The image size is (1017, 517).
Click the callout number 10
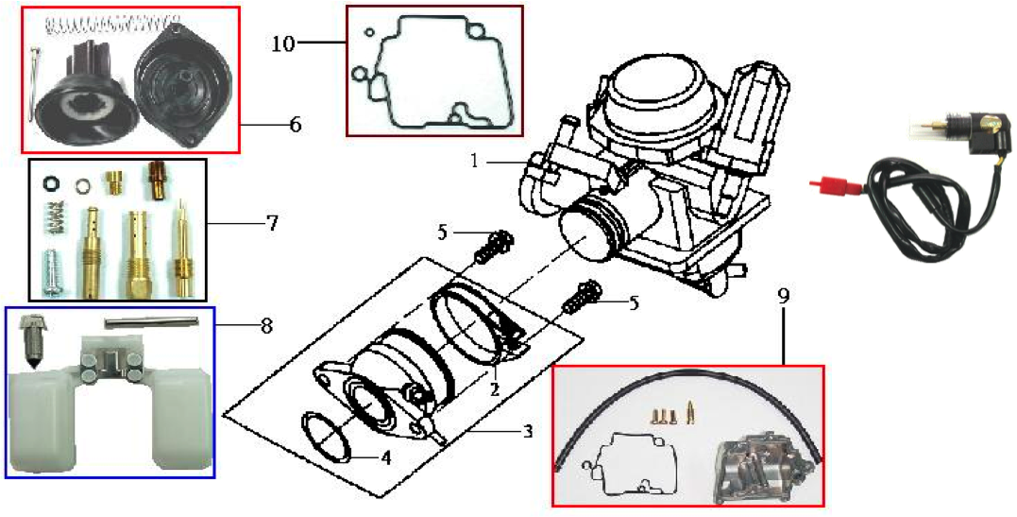pos(283,43)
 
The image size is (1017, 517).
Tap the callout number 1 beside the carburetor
pos(475,161)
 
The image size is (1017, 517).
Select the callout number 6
pos(296,124)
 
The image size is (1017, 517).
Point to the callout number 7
pos(271,223)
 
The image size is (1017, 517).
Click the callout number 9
pos(784,297)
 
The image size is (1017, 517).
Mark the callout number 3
pos(528,430)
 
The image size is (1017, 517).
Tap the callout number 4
pos(386,457)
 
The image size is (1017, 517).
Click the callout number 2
pos(494,389)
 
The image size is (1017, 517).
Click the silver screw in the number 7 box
pos(53,272)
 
